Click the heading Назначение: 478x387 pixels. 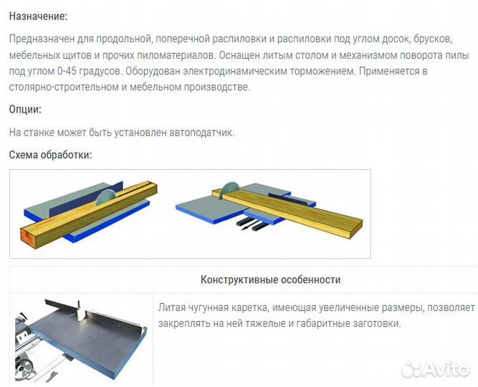[x=38, y=16]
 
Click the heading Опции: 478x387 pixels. [x=25, y=109]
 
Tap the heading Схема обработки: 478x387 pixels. [x=50, y=155]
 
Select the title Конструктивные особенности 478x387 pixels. [x=270, y=279]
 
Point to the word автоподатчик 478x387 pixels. [x=202, y=133]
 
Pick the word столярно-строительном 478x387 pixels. [x=64, y=87]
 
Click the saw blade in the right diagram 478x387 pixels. [x=229, y=188]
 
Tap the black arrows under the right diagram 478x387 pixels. [x=252, y=224]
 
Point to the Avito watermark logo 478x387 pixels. [x=436, y=368]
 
